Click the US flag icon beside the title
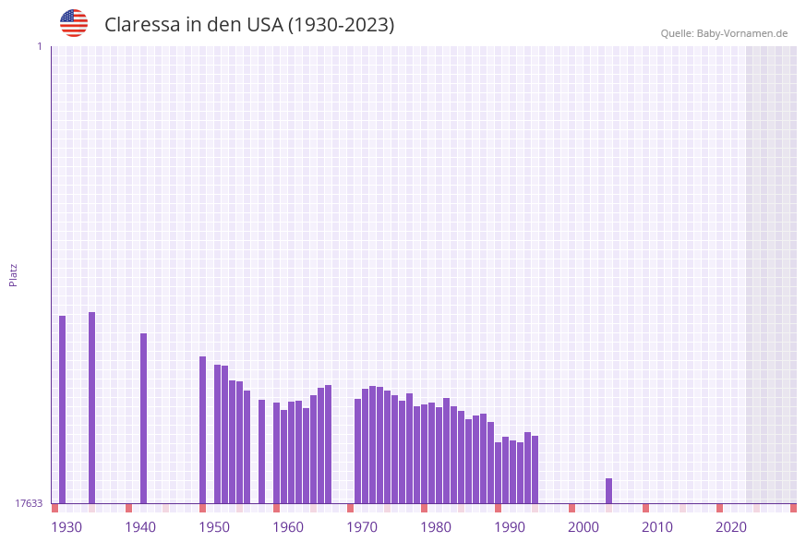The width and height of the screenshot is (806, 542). click(74, 23)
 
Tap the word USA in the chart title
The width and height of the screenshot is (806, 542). click(264, 25)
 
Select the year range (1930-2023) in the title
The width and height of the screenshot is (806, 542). click(341, 25)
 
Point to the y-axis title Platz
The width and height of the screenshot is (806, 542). click(13, 274)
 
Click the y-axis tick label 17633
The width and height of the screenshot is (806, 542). click(29, 503)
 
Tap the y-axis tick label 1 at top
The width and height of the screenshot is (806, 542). click(39, 46)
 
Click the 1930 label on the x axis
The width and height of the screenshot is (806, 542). click(66, 527)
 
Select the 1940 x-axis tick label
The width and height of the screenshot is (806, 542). click(140, 527)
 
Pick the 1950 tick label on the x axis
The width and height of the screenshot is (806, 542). click(214, 527)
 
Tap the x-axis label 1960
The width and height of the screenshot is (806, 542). click(288, 527)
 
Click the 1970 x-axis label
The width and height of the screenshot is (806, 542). click(362, 527)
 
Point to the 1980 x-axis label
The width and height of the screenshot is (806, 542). click(436, 527)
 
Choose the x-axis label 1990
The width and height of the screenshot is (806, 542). click(510, 527)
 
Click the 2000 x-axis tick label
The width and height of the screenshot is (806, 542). click(583, 527)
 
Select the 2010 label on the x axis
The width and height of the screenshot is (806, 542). click(657, 527)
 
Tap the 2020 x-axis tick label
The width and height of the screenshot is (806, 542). click(731, 527)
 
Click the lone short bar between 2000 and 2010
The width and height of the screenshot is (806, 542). click(608, 490)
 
